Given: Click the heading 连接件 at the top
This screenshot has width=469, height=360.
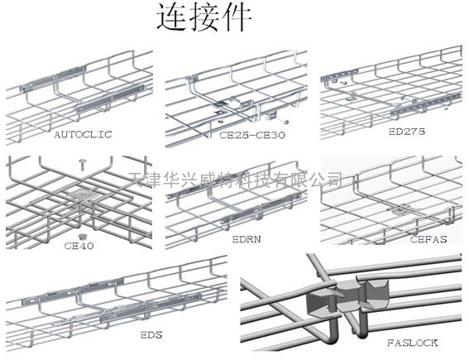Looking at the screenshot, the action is coord(204,17).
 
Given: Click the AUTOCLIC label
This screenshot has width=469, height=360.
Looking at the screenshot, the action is coord(84,134).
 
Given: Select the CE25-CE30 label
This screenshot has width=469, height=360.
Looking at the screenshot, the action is coord(252,135).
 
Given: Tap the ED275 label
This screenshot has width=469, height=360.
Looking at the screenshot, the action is coord(407,132).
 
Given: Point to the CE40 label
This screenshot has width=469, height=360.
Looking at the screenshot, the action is coord(79,246).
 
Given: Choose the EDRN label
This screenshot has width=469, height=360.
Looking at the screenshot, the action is coord(246,239).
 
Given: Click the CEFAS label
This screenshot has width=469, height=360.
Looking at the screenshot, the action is coord(428,239).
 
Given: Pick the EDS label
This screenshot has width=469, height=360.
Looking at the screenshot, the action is coord(151,334).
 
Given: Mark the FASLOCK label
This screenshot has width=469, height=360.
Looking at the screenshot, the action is coord(413,343).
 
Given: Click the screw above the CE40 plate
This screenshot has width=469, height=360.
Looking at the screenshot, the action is coord(83,165).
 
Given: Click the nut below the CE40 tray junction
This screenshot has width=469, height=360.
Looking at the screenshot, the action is coord(81,237).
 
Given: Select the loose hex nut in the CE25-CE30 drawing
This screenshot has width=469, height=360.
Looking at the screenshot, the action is coord(285,122).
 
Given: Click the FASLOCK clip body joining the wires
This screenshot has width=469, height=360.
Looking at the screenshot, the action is coord(347,295).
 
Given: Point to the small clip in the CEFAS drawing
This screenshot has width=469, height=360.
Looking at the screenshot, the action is coord(401,210).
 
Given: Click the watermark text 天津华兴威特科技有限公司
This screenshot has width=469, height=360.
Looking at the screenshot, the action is coord(236,180).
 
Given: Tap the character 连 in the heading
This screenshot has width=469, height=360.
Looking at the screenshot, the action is coord(172,17).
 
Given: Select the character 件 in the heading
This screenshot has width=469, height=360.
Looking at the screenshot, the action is coord(237,17).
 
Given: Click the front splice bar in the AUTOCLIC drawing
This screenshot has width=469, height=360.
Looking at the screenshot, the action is coord(110,98).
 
